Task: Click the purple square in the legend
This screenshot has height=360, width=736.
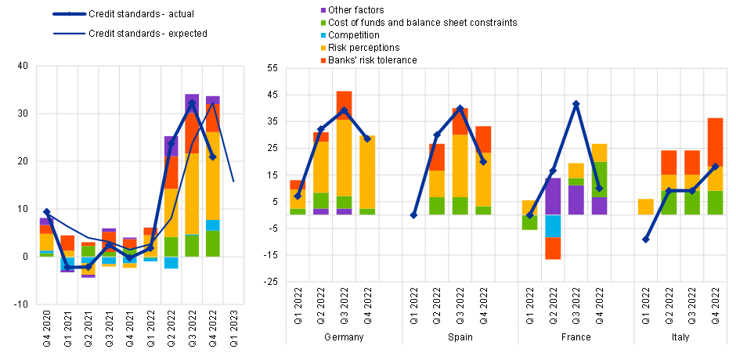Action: (x=323, y=11)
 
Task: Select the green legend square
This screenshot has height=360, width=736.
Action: (x=323, y=23)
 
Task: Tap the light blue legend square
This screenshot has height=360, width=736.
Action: (x=323, y=36)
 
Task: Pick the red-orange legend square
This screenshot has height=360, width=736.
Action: (x=323, y=61)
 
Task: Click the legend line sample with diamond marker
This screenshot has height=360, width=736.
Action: (x=69, y=13)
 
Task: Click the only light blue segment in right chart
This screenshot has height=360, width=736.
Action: (x=553, y=226)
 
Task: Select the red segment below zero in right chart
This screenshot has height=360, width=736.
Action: (x=553, y=248)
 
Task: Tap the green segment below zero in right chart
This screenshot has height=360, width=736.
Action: (x=529, y=222)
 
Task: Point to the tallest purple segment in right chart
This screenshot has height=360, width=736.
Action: (x=553, y=196)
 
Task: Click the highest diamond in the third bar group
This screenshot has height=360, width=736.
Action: (x=576, y=104)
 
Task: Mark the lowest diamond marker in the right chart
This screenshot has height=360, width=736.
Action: (x=646, y=239)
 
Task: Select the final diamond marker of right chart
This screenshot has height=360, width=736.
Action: (x=715, y=166)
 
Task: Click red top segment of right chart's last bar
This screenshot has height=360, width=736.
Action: (x=715, y=142)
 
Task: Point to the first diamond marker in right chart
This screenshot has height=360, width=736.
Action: (x=298, y=196)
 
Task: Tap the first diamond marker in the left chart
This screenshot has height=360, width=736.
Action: (x=47, y=212)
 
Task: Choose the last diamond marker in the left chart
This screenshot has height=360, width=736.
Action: (x=212, y=157)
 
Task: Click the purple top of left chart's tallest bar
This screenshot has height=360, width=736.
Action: (x=192, y=103)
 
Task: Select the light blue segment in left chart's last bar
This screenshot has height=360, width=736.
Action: (x=212, y=225)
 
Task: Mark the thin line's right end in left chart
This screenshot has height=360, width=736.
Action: (x=233, y=182)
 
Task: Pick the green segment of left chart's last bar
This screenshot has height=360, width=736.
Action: (x=212, y=243)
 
